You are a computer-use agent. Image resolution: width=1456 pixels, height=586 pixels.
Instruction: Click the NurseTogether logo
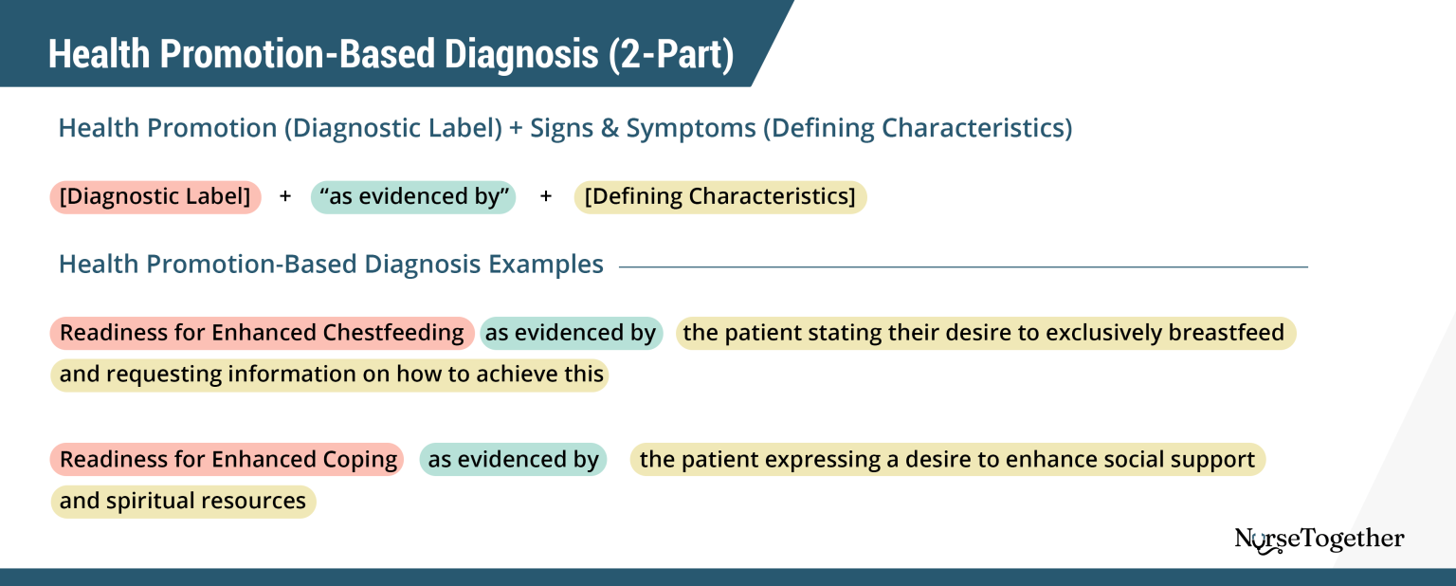point(1319,540)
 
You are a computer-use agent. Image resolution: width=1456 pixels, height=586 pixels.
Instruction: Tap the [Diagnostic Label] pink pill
point(155,197)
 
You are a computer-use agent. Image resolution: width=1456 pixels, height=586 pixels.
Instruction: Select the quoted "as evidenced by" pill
point(413,197)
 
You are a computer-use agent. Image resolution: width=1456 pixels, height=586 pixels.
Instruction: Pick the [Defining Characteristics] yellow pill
point(720,197)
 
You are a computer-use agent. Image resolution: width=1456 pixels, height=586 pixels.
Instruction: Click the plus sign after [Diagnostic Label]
point(285,197)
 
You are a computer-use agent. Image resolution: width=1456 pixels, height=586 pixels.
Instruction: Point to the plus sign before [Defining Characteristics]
point(545,197)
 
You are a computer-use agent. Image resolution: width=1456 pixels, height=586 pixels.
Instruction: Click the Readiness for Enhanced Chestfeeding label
point(263,333)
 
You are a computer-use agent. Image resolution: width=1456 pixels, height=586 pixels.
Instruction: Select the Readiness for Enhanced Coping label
point(227,460)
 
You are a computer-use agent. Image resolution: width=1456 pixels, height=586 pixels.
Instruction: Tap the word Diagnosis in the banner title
point(516,55)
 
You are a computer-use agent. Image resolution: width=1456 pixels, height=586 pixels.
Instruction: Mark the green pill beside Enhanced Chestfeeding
point(571,333)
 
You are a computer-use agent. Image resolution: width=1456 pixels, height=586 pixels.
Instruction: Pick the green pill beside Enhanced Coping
point(513,460)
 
